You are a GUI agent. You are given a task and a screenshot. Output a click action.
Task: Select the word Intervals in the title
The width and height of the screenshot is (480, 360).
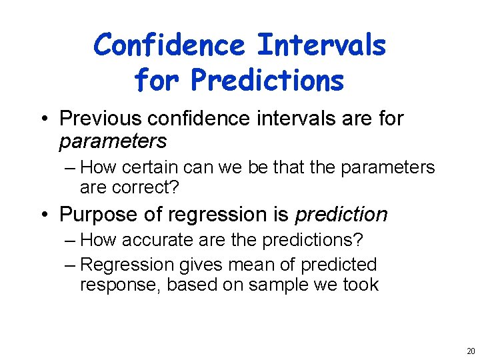pos(321,45)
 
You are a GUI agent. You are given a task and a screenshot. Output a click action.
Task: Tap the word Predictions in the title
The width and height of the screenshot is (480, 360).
pos(267,80)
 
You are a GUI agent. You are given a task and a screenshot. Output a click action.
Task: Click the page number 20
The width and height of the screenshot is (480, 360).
pos(471,351)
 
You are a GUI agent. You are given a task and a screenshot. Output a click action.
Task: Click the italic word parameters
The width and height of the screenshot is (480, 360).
pos(113,141)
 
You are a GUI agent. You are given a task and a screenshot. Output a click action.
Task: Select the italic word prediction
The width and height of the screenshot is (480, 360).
pos(341,214)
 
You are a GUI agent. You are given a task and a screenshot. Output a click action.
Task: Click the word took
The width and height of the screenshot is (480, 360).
pos(361,285)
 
